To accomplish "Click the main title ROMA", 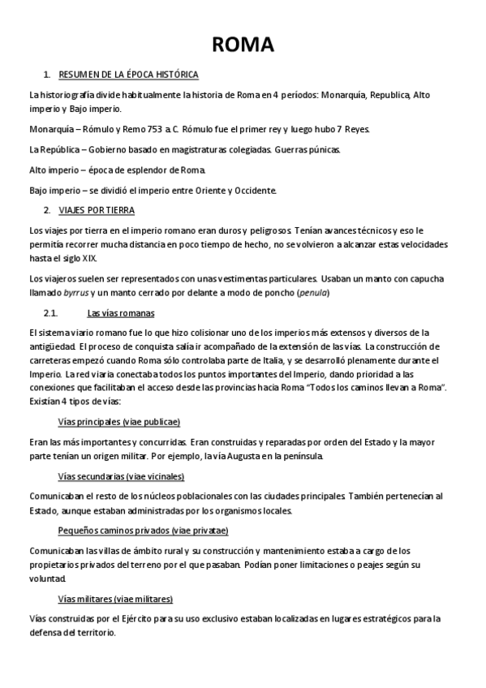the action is point(242,44).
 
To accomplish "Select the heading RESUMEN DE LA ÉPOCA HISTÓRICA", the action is point(128,75).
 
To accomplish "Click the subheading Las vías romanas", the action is point(121,313).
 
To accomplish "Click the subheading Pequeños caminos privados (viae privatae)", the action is point(143,531).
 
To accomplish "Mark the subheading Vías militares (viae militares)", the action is point(115,599).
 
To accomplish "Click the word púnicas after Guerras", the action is point(324,150).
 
